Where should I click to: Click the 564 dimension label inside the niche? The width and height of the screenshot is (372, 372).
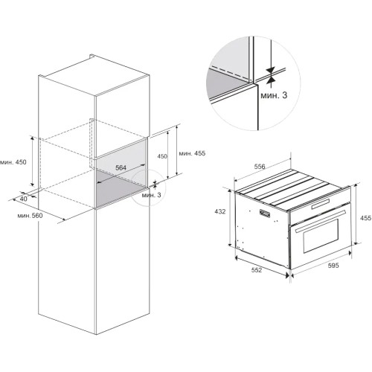[121, 168]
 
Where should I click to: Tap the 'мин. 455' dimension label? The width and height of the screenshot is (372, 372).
[192, 153]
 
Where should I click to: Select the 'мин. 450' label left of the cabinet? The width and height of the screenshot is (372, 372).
[13, 162]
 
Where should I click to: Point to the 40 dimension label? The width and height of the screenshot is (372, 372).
[24, 199]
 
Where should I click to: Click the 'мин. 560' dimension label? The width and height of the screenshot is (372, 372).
[30, 216]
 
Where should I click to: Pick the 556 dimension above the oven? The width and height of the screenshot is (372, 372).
[260, 167]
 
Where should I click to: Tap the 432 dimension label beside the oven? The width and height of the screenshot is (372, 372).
[220, 211]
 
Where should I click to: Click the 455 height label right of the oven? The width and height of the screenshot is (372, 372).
[366, 218]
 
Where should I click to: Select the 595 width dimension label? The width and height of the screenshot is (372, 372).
[333, 266]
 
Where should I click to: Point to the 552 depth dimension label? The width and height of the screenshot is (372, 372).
[257, 270]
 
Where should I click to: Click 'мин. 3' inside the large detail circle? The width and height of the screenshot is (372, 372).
[274, 95]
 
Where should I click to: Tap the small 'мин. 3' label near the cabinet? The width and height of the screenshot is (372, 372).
[151, 195]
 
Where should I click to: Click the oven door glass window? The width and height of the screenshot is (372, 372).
[321, 236]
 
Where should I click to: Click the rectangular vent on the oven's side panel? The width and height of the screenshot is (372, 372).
[265, 214]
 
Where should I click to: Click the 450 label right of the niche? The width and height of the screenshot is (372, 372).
[162, 156]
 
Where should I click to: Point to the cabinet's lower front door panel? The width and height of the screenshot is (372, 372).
[123, 270]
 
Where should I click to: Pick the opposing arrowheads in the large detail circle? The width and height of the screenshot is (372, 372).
[272, 74]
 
